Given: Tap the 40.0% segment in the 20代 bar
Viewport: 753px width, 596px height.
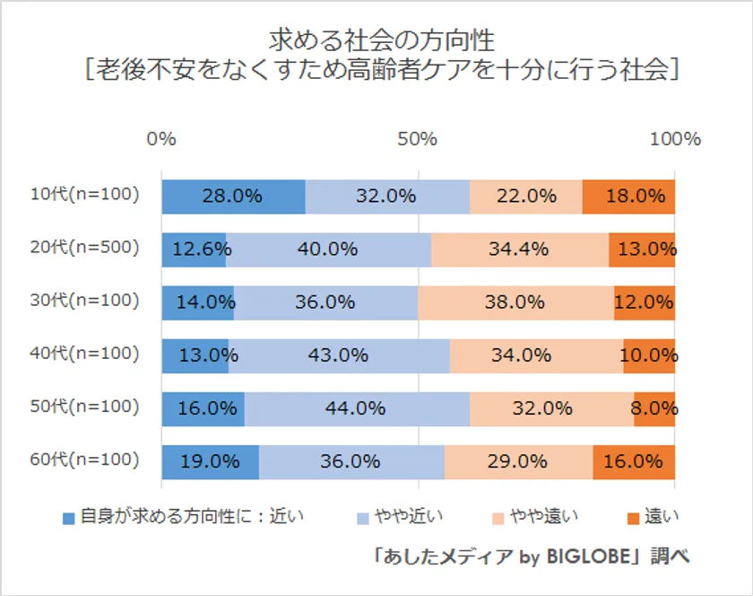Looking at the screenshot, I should click(328, 250).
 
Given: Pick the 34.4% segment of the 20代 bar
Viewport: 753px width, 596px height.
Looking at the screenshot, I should click(519, 250).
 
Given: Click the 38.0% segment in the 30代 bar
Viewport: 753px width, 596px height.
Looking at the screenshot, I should click(515, 302).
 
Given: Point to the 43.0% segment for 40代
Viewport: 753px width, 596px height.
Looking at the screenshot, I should click(339, 355).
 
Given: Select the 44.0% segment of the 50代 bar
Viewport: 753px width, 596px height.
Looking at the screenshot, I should click(357, 408).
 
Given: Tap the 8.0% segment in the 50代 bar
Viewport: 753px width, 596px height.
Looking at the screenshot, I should click(653, 408).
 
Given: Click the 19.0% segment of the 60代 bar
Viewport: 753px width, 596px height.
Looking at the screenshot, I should click(210, 461).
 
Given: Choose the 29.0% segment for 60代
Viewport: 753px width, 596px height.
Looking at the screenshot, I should click(518, 461).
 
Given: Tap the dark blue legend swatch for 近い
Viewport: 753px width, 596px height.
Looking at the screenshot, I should click(68, 518).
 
